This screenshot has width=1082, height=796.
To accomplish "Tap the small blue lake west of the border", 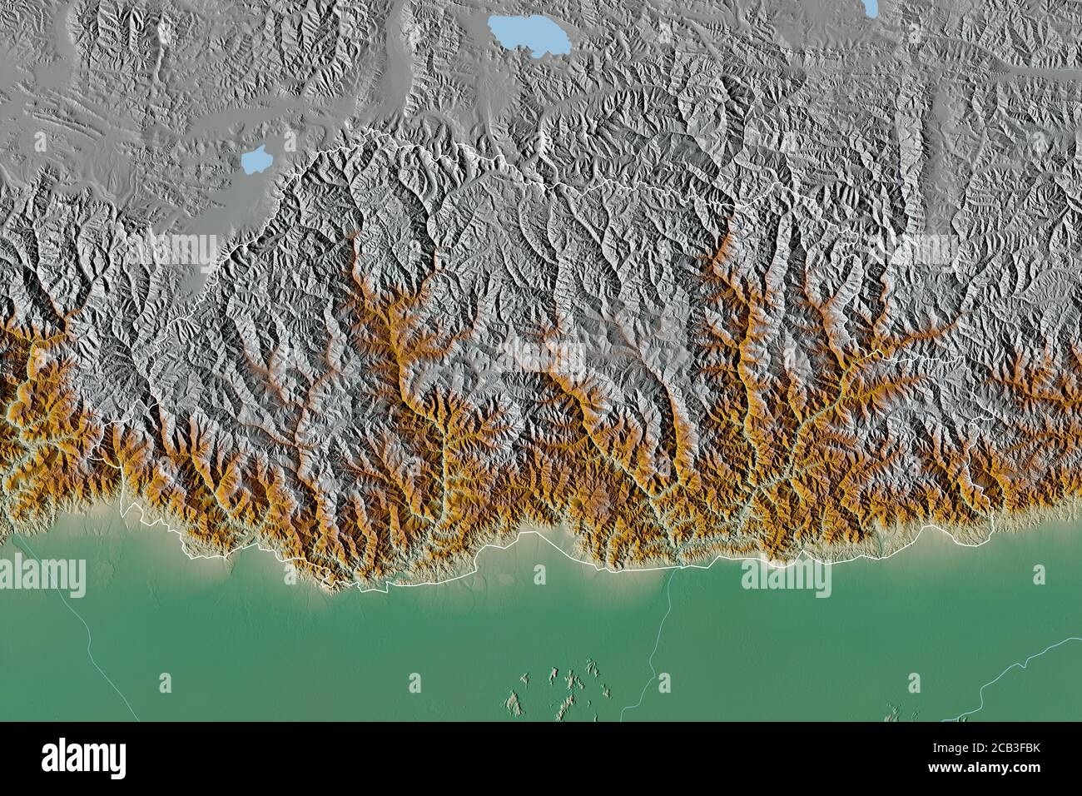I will click(x=256, y=158).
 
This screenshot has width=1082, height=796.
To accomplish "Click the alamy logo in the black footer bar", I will click(x=84, y=758).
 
